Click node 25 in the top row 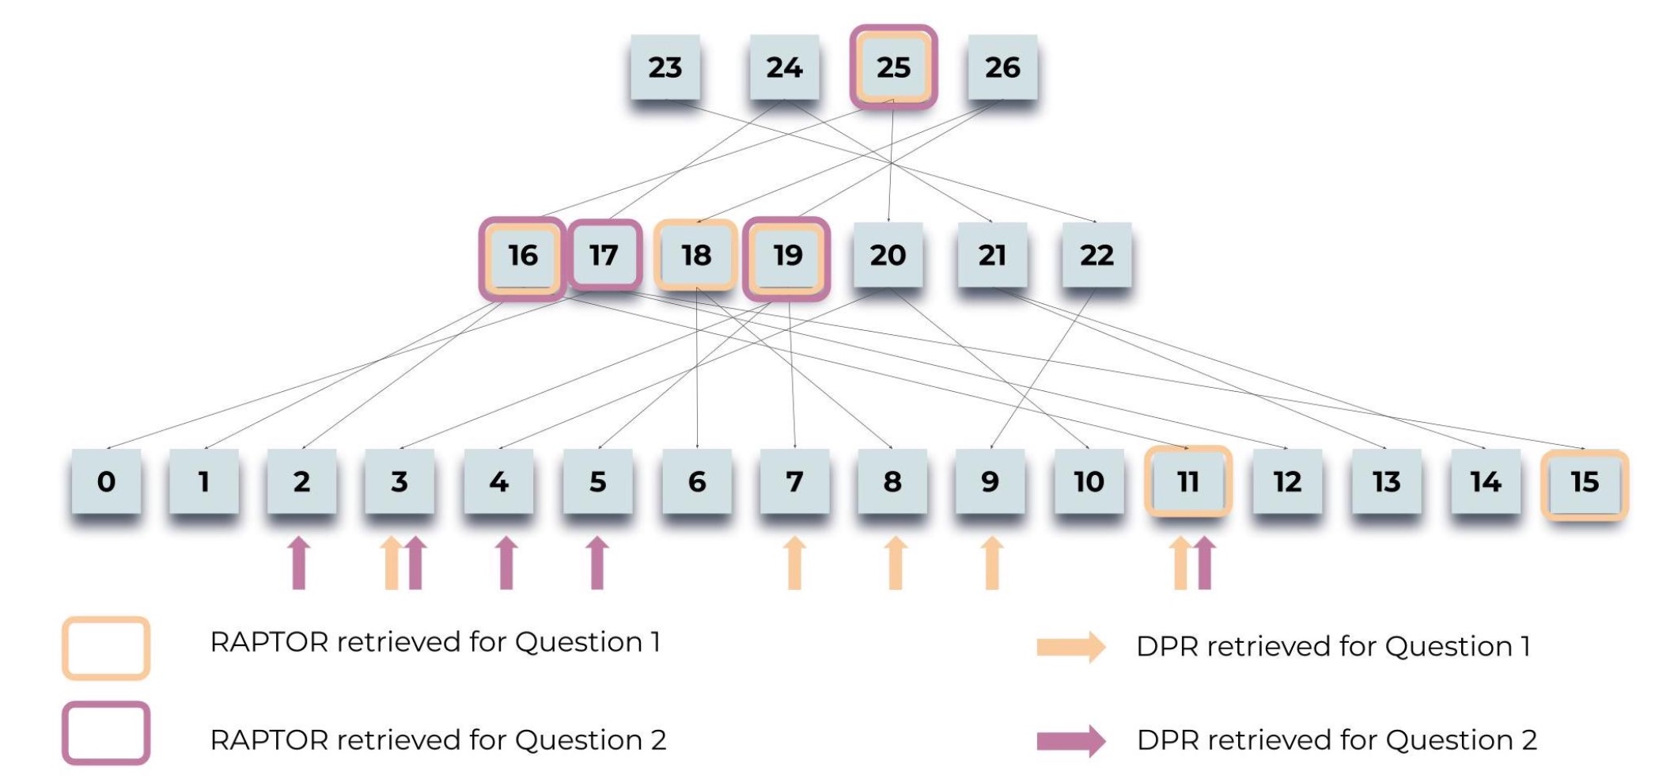[893, 67]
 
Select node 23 [665, 67]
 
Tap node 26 [1002, 67]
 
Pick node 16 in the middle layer [522, 256]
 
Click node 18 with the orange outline [696, 256]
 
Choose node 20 [888, 256]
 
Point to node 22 [1096, 256]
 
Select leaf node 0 [106, 481]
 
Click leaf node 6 [697, 481]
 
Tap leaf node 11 [1187, 481]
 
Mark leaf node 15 [1585, 481]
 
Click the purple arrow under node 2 [299, 563]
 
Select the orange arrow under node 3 [391, 563]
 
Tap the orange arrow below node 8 [895, 563]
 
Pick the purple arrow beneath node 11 [1205, 563]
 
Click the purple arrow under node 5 [597, 563]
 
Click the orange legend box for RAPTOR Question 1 [106, 648]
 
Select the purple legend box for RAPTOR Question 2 [106, 733]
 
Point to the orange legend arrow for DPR [1071, 647]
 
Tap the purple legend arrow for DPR [1071, 741]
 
